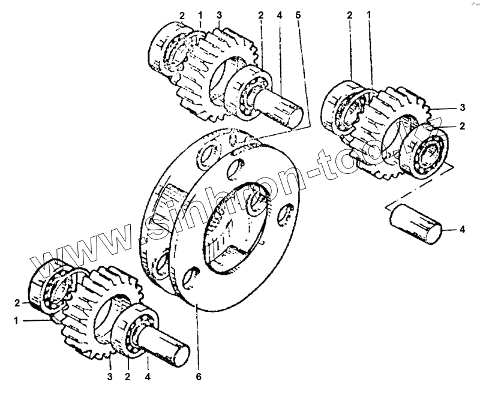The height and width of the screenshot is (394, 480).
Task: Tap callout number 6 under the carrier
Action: pos(199,377)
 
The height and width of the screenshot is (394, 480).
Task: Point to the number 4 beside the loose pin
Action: pos(462,228)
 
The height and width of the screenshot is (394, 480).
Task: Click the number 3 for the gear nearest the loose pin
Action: pos(462,108)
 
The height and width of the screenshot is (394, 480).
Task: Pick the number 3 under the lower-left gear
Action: pos(110,377)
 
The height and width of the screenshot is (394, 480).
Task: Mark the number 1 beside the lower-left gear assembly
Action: pos(16,320)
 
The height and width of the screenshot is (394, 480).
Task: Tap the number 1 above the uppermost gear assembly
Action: pos(200,13)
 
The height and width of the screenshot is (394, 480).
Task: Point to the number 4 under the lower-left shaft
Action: pos(147,377)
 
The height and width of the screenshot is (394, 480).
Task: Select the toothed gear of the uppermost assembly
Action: pos(207,72)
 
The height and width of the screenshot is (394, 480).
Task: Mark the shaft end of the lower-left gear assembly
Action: pos(174,348)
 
